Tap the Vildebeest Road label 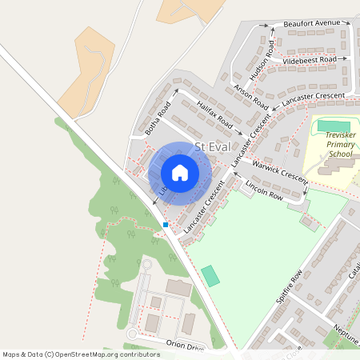click(x=308, y=59)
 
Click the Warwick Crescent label click(x=278, y=173)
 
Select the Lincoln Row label click(x=265, y=190)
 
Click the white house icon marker click(x=180, y=172)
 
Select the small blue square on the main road click(x=166, y=225)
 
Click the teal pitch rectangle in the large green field click(x=210, y=275)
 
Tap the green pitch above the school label click(x=334, y=126)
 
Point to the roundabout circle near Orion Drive click(x=133, y=334)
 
